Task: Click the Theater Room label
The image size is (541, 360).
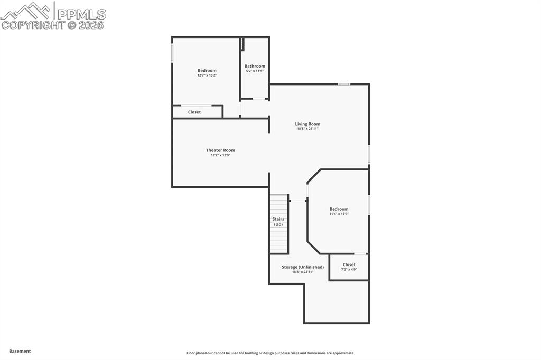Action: point(220,150)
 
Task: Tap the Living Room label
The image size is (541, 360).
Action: point(307,124)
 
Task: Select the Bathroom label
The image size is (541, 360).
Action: point(255,66)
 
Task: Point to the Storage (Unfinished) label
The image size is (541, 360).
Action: point(303,267)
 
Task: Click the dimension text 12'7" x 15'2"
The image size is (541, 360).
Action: point(207,75)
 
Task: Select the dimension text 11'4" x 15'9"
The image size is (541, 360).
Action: point(339,214)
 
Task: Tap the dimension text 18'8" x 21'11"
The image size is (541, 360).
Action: point(307,129)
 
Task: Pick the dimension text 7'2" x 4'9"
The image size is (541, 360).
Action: point(349,270)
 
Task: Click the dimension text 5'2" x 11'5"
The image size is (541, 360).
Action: point(255,71)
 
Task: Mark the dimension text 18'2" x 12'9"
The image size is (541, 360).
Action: point(220,155)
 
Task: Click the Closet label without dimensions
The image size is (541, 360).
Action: point(194,112)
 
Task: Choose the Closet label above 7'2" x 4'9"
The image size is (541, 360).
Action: point(349,264)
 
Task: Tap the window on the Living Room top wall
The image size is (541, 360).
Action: point(344,84)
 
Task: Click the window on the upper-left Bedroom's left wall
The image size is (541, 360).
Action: point(172,53)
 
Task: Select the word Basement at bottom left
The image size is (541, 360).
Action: point(20,351)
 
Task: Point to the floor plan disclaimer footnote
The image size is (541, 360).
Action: point(270,353)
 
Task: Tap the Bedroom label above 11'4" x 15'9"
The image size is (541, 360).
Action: point(339,209)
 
